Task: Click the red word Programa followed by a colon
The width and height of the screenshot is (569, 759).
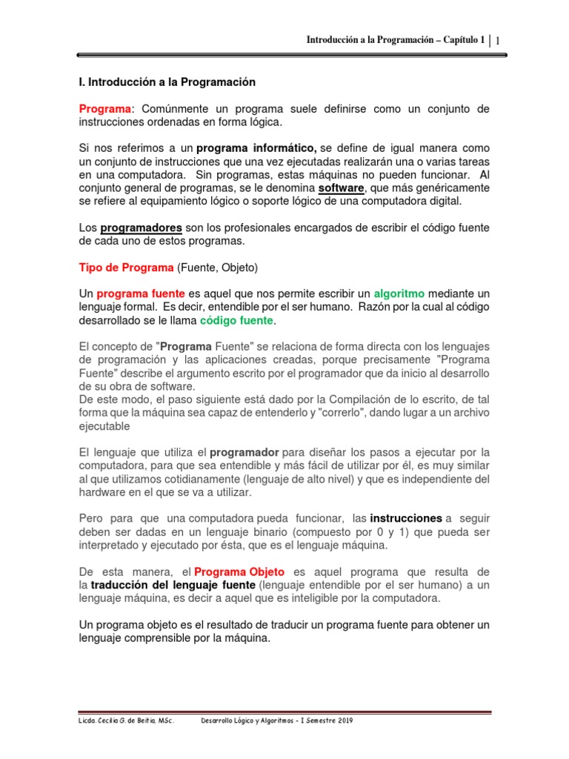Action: click(104, 109)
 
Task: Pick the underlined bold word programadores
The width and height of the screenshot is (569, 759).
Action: click(141, 228)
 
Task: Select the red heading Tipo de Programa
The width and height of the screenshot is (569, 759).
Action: click(126, 267)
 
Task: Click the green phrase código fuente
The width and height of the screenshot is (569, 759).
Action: click(237, 320)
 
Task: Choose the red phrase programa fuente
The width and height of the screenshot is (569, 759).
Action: click(140, 294)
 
